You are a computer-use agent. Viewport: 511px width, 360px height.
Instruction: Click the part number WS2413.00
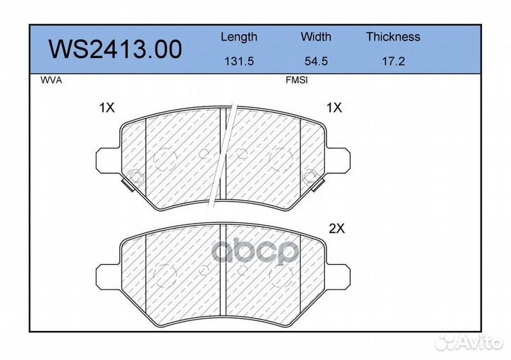point(114,50)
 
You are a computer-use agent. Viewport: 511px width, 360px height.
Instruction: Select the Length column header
point(238,37)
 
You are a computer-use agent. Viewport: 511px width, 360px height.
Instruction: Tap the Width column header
point(315,37)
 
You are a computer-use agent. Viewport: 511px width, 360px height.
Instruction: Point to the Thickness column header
point(392,37)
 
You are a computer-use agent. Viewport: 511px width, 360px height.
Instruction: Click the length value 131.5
point(238,62)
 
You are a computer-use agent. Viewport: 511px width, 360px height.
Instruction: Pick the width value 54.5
point(315,62)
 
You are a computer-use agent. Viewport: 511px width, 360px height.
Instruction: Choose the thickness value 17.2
point(392,62)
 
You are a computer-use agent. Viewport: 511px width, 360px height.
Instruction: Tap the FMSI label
point(296,81)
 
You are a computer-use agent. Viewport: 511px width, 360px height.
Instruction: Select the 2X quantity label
point(336,229)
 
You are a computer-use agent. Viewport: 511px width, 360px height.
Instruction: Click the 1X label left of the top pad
point(106,108)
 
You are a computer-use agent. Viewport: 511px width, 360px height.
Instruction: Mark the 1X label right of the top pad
point(334,108)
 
